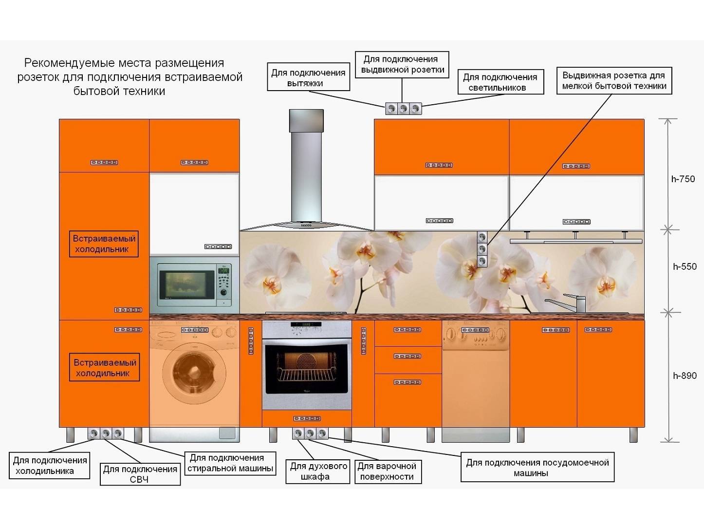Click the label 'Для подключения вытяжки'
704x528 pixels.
308,77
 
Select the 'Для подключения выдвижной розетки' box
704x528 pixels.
402,64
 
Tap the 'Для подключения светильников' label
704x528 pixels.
500,82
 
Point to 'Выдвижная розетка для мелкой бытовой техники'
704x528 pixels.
614,80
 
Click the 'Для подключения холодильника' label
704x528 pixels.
50,465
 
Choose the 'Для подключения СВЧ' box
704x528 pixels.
140,474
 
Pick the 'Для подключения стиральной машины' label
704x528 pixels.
230,463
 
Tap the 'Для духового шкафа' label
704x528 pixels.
318,471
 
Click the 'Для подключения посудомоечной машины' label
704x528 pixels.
537,467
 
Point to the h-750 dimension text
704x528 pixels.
683,179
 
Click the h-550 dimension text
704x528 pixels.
684,266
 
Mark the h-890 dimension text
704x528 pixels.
684,376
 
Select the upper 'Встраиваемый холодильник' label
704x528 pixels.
104,244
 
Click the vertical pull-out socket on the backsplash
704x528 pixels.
482,249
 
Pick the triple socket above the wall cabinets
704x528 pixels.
403,109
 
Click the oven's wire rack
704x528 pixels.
306,376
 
